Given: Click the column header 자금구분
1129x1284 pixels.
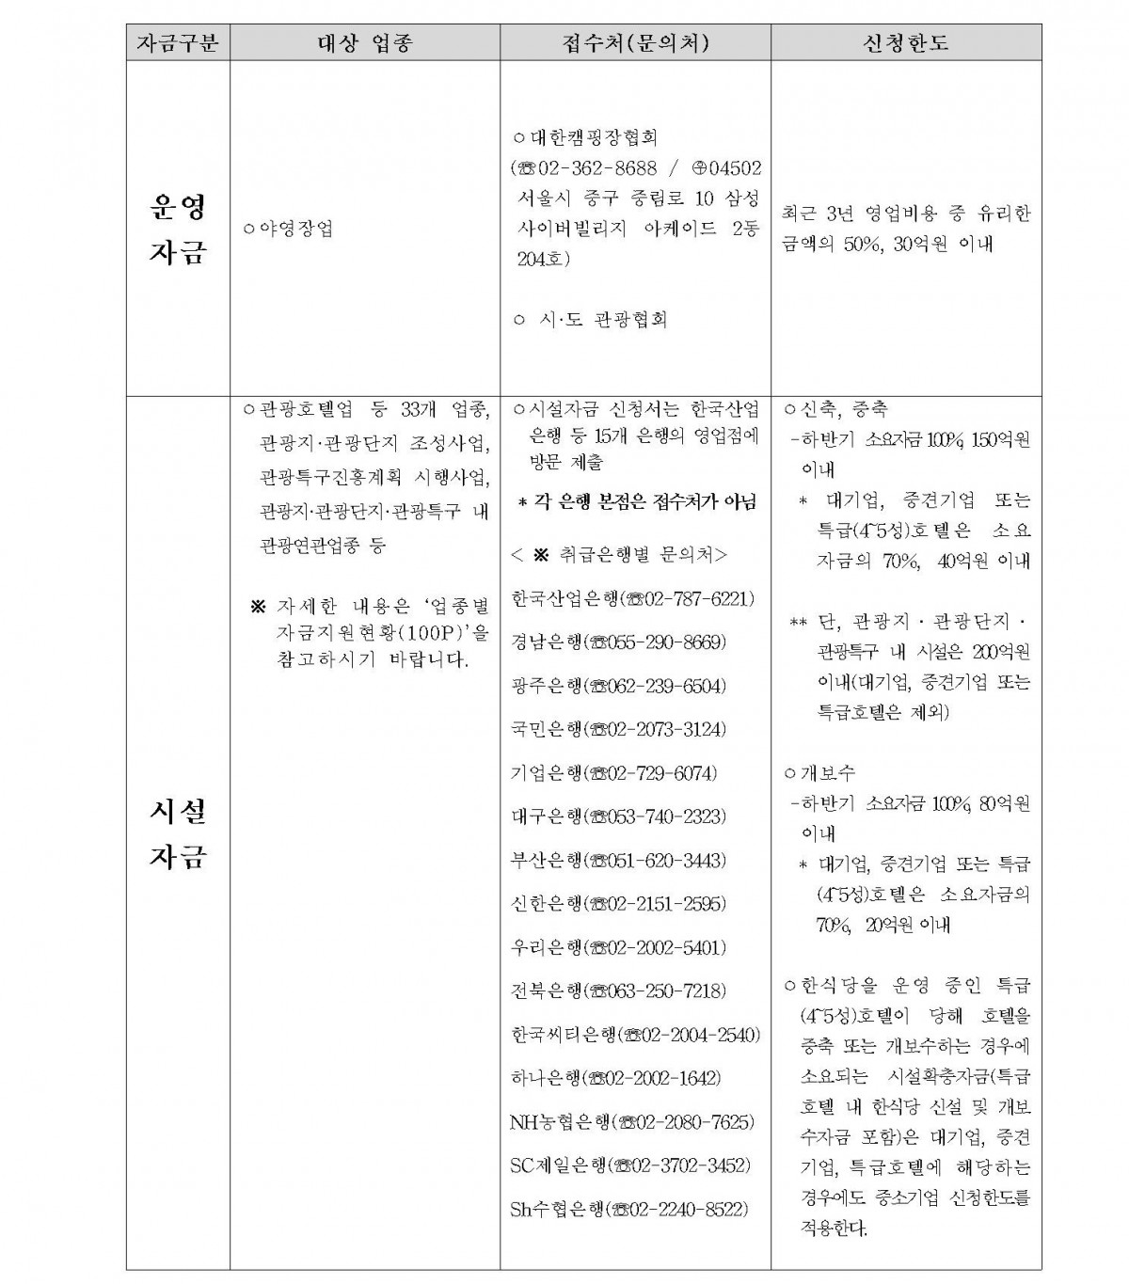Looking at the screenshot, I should pos(178,43).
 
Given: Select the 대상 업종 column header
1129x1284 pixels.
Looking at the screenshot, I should pos(364,43).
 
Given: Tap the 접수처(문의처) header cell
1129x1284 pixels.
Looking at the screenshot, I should pos(635,43).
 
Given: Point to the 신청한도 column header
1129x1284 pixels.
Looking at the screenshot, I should pos(905,43).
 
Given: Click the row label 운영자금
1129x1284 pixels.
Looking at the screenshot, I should pos(177,230).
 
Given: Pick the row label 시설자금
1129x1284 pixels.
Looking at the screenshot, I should pos(177,833).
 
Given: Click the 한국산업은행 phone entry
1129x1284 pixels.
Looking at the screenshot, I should pos(633,598).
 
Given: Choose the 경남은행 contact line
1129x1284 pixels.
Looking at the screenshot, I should pos(617,642).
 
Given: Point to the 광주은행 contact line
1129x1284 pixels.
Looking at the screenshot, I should pos(617,686).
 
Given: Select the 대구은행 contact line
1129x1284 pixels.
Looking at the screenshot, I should pos(617,816).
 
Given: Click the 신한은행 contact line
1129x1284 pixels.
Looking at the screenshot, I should pos(617,904).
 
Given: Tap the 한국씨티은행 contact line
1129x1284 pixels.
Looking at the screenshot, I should pos(635,1035).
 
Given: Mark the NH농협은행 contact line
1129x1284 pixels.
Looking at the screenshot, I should pos(632,1122).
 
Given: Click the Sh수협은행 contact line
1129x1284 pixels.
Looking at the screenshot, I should pos(629,1210).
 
